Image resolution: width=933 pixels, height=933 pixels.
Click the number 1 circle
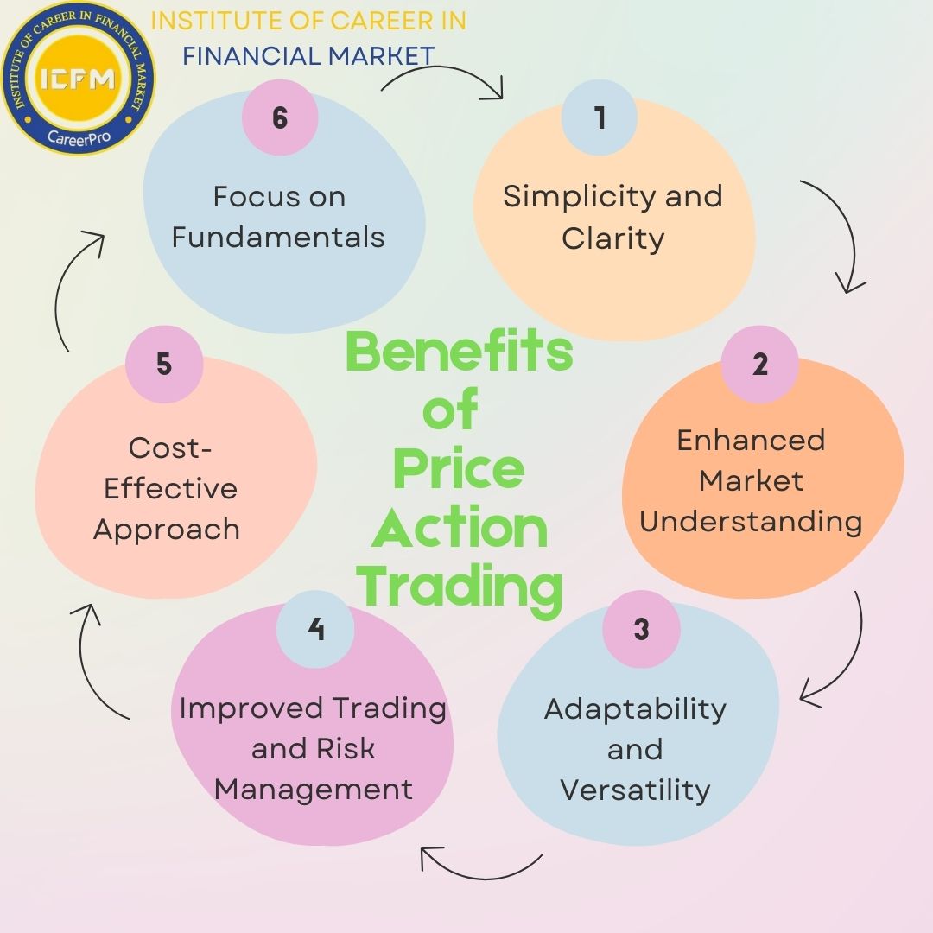[600, 117]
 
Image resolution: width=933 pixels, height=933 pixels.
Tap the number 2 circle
[759, 364]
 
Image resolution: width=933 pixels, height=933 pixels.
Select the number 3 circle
[641, 629]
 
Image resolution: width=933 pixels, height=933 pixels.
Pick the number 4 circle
[315, 629]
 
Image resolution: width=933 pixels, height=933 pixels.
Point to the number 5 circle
[164, 364]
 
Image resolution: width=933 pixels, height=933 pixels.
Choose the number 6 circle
[279, 117]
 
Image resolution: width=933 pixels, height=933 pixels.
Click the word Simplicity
[564, 197]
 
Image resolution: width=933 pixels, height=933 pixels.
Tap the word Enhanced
[751, 440]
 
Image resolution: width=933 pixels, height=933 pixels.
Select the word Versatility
[635, 790]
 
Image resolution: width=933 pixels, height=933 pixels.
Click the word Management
[313, 790]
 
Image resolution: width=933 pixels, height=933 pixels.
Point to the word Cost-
[170, 448]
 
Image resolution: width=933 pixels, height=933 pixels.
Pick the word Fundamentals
[278, 237]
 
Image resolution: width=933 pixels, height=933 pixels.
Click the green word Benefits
[459, 352]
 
